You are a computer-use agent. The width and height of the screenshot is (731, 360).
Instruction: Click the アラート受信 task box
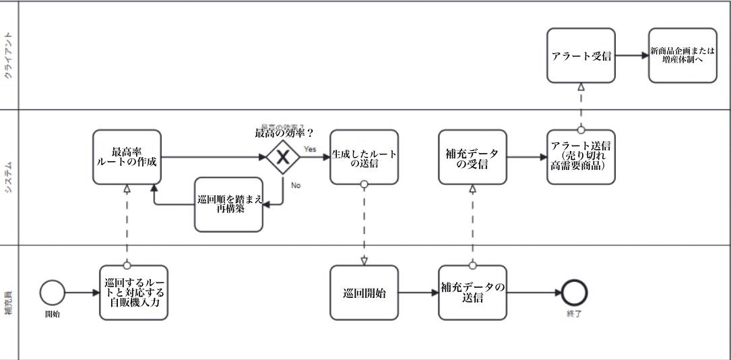click(x=581, y=55)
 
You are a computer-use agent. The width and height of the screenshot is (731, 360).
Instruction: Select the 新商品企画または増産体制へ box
click(x=682, y=55)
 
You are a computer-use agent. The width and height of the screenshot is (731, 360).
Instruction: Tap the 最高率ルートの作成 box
click(x=127, y=157)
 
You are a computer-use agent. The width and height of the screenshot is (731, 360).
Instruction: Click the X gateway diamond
click(x=283, y=158)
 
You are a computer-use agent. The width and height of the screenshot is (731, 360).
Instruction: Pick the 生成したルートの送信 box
click(x=364, y=157)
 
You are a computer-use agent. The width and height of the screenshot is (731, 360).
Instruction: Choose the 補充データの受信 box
click(x=472, y=157)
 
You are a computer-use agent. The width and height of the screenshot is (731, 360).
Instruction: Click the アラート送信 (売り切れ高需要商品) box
click(x=581, y=157)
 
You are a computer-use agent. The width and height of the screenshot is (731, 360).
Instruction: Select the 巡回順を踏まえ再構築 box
click(x=228, y=204)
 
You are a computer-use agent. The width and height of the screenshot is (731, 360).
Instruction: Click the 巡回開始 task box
click(x=364, y=293)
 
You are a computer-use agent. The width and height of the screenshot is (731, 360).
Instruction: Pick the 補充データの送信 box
click(x=472, y=293)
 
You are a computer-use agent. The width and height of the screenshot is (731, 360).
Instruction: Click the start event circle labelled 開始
click(x=53, y=293)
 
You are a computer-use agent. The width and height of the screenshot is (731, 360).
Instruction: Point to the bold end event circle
click(x=575, y=293)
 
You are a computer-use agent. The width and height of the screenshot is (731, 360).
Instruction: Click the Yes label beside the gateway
click(x=310, y=149)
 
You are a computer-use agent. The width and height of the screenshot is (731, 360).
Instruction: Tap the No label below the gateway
click(x=296, y=184)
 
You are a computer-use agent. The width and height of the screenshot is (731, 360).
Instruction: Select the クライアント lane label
click(x=9, y=55)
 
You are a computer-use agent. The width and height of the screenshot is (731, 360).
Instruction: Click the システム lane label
click(x=9, y=177)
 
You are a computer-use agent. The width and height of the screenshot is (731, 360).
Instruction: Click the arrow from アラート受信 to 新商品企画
click(x=632, y=55)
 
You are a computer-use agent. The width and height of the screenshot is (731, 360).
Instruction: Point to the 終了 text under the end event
click(x=575, y=313)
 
